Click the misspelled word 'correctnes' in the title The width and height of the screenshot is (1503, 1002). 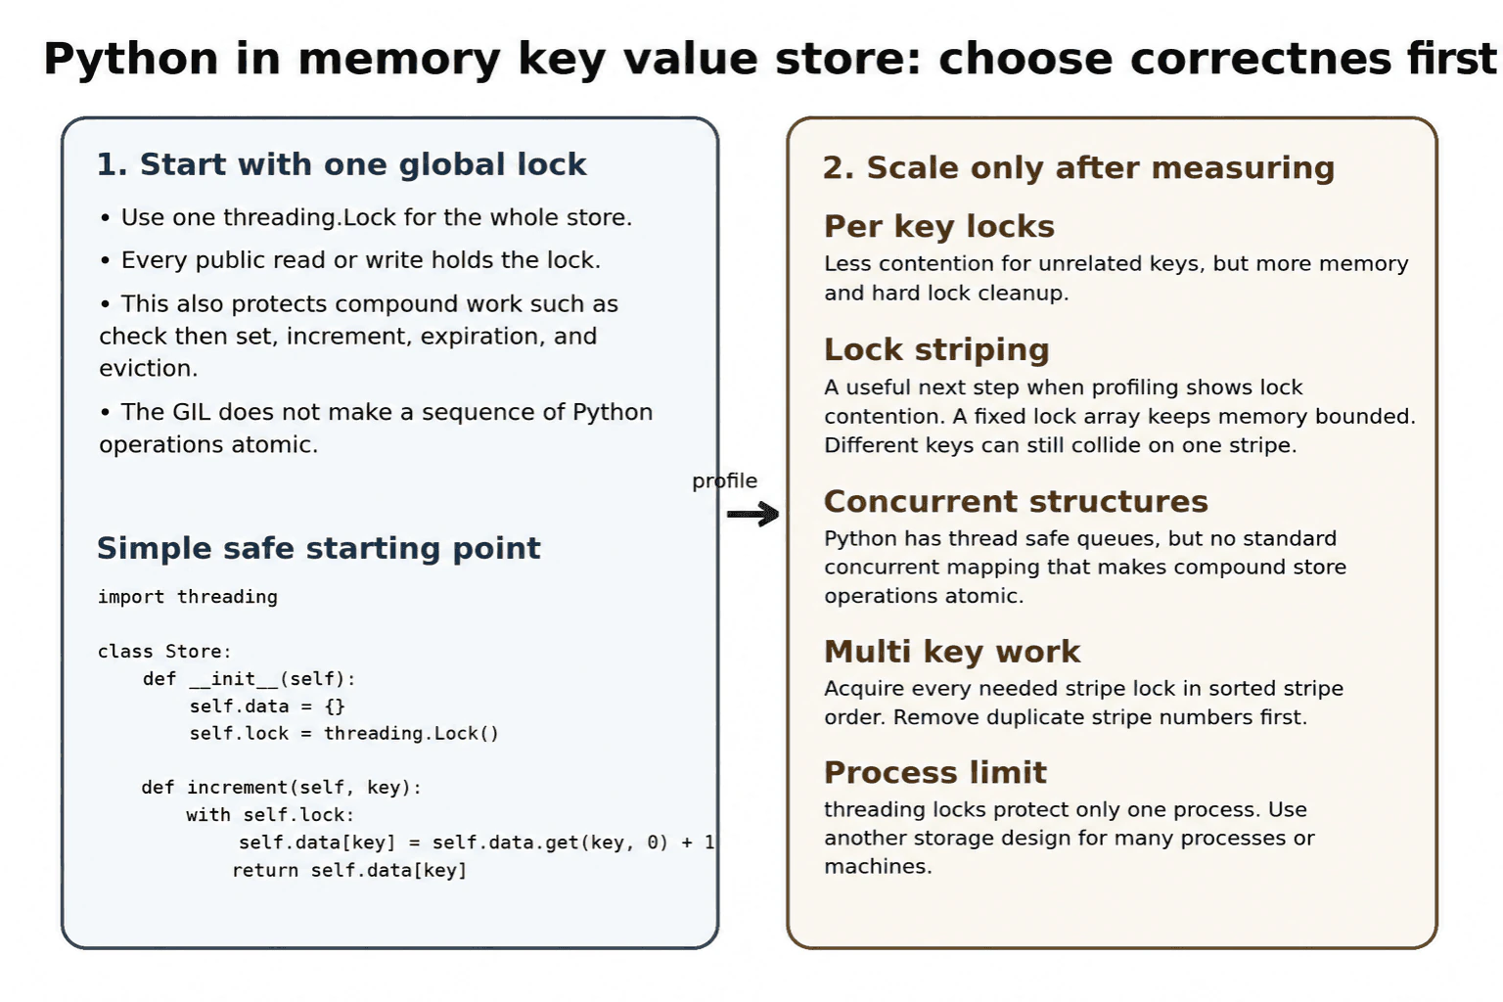pyautogui.click(x=1260, y=59)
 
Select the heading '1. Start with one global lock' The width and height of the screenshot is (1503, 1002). pyautogui.click(x=342, y=164)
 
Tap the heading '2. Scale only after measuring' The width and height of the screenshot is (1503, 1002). pyautogui.click(x=1079, y=167)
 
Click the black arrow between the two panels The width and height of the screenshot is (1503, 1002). pyautogui.click(x=752, y=514)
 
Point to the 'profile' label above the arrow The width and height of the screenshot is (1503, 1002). pyautogui.click(x=725, y=481)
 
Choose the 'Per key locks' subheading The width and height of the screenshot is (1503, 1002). pyautogui.click(x=939, y=227)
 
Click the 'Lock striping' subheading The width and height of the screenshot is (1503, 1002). pyautogui.click(x=936, y=349)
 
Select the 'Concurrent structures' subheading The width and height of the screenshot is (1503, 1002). pyautogui.click(x=1016, y=501)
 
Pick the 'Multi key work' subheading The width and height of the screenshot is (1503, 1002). pyautogui.click(x=952, y=652)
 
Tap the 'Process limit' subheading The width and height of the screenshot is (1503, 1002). pyautogui.click(x=935, y=772)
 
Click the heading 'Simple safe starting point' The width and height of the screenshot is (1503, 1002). pyautogui.click(x=319, y=548)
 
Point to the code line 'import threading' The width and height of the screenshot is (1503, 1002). pyautogui.click(x=188, y=597)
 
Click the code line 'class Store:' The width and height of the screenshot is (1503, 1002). pyautogui.click(x=164, y=651)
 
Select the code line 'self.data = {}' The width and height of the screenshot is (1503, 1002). pyautogui.click(x=267, y=706)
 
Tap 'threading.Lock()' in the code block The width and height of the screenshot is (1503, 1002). pyautogui.click(x=411, y=733)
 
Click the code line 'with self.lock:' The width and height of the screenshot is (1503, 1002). pyautogui.click(x=270, y=815)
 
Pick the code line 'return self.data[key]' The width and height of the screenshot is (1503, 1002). pyautogui.click(x=349, y=870)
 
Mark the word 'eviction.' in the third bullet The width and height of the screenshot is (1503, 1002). pyautogui.click(x=149, y=369)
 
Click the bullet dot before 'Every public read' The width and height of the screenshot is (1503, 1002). pyautogui.click(x=106, y=260)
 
